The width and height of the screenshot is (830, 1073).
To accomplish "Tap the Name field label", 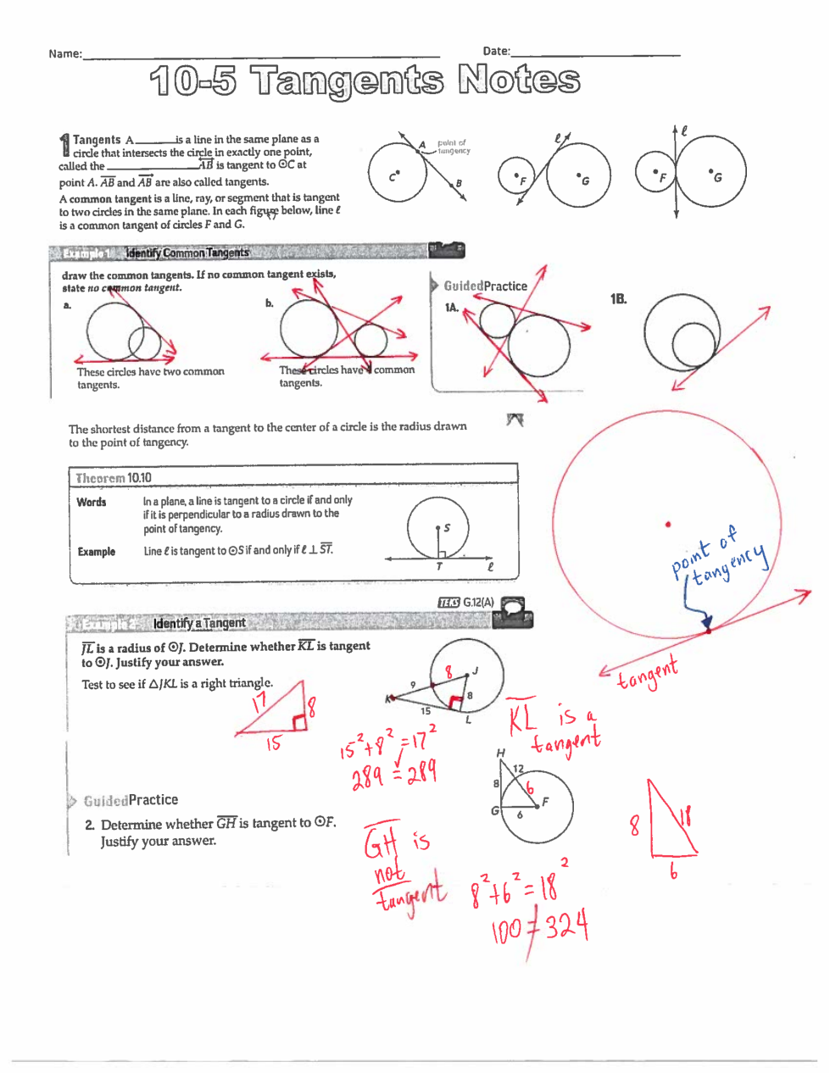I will click(x=64, y=53).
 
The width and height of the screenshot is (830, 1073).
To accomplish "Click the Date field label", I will click(x=496, y=51).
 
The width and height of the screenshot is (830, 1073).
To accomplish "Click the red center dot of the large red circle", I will click(x=668, y=525).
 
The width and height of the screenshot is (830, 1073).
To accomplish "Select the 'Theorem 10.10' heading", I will click(x=113, y=478).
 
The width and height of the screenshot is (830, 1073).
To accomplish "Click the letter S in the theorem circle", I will click(x=447, y=528).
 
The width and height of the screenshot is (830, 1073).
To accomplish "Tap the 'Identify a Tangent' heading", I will click(x=199, y=623).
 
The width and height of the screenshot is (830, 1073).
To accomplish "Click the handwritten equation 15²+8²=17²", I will click(x=388, y=743).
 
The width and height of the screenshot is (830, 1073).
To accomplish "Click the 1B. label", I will click(x=619, y=299).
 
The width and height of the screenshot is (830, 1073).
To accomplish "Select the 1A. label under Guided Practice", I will click(x=452, y=307).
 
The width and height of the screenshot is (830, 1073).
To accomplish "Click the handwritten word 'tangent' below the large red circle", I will click(x=648, y=675).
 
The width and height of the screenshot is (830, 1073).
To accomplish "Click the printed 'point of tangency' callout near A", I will click(x=453, y=147).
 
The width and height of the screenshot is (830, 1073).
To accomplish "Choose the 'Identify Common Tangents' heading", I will click(x=187, y=253).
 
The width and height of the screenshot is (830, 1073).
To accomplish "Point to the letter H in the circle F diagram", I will click(x=500, y=753).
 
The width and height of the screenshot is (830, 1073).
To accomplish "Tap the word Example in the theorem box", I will click(x=96, y=552).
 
